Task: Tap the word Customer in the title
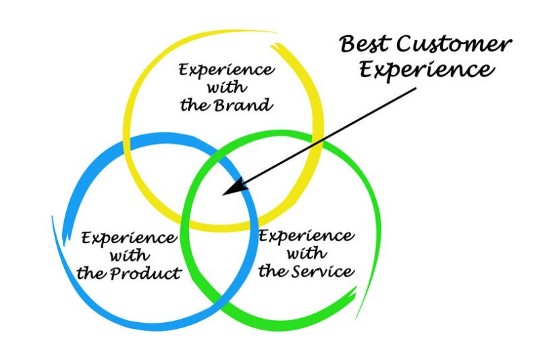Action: click(454, 45)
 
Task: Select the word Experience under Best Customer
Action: click(427, 71)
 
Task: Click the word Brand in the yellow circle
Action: click(244, 105)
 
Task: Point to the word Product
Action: click(146, 273)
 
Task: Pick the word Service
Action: click(323, 271)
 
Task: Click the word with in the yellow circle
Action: click(227, 87)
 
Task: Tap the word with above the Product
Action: click(130, 255)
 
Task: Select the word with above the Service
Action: click(306, 253)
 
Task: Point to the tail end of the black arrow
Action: click(416, 88)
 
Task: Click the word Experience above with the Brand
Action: click(227, 70)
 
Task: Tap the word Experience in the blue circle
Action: click(129, 238)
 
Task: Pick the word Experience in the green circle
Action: click(306, 236)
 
